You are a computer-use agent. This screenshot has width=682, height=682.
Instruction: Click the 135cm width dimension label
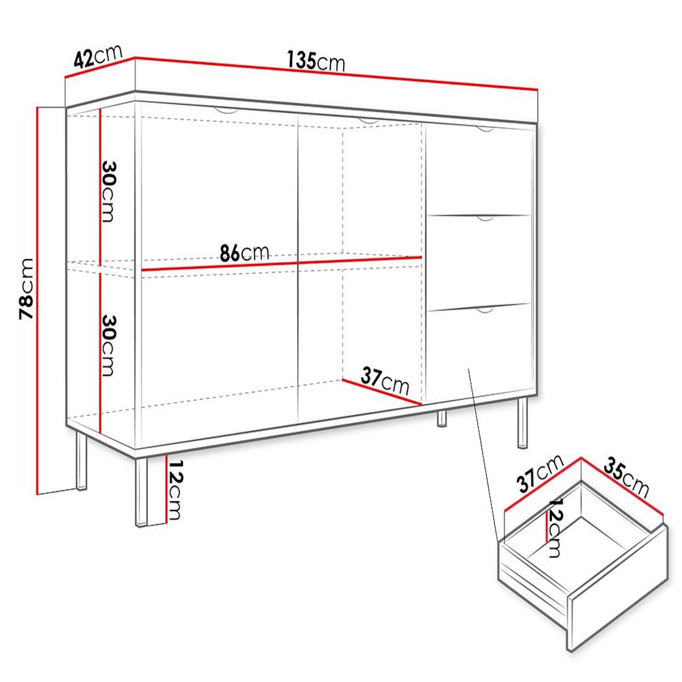coord(316,61)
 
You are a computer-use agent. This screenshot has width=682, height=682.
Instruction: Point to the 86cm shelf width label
coord(244,252)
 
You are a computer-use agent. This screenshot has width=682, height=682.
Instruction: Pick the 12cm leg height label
coord(174,489)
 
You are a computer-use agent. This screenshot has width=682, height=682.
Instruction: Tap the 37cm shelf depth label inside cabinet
coord(385,380)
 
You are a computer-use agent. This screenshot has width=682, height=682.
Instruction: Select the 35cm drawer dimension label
coord(626,477)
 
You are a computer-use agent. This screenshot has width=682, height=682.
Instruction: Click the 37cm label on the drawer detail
coord(539,473)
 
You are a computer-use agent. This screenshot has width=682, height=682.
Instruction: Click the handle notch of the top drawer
coord(485,130)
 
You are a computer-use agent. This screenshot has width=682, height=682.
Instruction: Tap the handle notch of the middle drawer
coord(485,218)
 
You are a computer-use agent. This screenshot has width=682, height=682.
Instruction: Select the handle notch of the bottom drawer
coord(485,310)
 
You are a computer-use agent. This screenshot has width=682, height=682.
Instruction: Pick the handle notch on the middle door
coord(369,121)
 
